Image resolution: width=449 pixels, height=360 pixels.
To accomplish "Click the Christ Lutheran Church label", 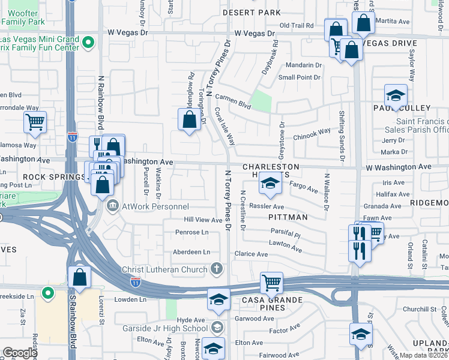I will pos(164,269).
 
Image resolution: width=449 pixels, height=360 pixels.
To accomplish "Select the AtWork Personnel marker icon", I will pos(113,206).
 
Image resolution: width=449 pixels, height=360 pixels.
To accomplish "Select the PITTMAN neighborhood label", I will pos(288,217).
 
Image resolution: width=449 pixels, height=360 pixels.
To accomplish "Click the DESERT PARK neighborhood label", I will pos(252,12).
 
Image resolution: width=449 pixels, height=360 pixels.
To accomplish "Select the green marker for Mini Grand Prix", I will pos(88,42).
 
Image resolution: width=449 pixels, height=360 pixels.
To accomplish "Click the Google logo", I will pos(20,353).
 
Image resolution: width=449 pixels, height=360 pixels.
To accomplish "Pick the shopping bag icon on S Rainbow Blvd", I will pos(79,277).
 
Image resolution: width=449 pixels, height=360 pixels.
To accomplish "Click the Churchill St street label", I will pos(423,309).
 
